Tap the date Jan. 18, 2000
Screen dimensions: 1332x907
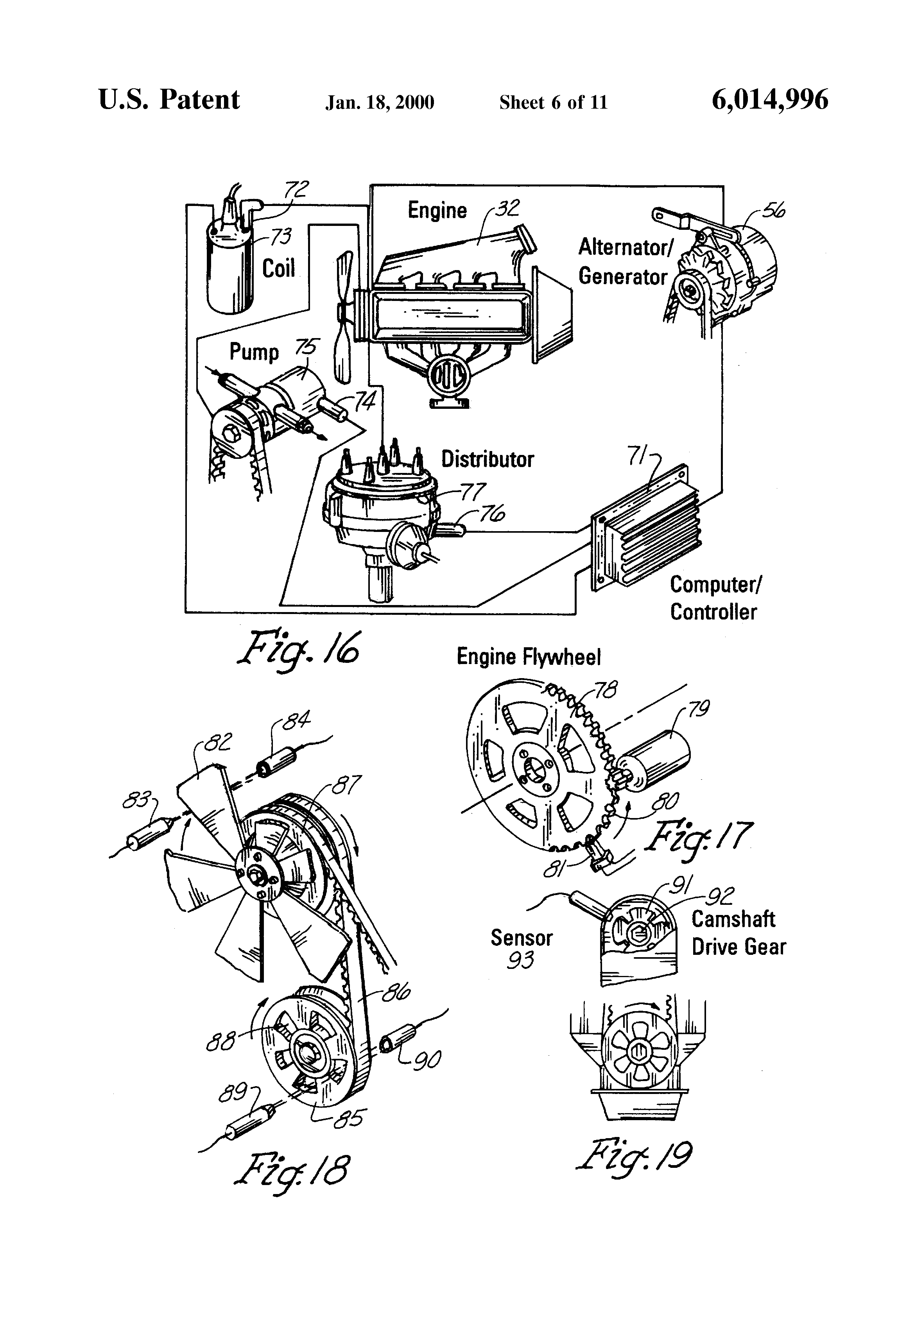pos(380,102)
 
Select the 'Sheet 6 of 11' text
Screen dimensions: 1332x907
pos(553,102)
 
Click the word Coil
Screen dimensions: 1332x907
pos(279,268)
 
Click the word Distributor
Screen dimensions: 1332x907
pos(488,459)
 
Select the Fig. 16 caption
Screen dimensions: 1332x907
pos(298,649)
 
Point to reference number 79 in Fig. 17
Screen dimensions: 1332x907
pos(698,709)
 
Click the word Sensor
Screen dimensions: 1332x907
pos(521,938)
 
